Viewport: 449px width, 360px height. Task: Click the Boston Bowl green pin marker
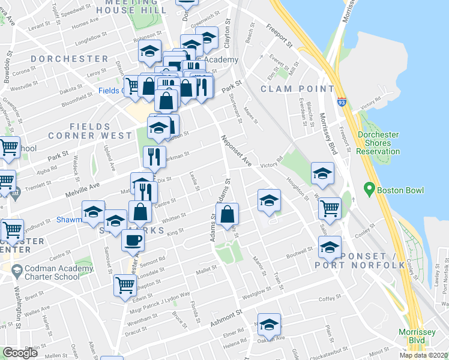coord(369,191)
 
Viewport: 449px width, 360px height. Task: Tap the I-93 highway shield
coord(342,103)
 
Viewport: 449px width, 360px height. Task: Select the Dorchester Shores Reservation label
coord(378,143)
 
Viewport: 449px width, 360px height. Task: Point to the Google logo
coord(20,353)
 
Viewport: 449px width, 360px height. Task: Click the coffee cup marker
coord(133,241)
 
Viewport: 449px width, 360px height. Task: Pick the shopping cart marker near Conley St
coord(330,209)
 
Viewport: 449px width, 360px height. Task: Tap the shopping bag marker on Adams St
coord(228,214)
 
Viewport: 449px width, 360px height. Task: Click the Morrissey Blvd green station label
coord(417,338)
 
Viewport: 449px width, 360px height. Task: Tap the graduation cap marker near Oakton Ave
coord(269,325)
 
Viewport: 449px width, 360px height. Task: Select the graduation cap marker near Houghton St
coord(322,173)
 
